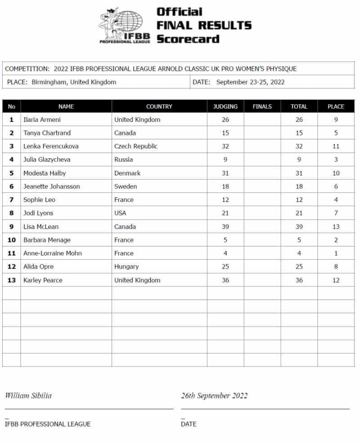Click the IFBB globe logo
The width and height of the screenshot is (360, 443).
click(124, 25)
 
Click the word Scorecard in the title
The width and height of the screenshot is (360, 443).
click(188, 39)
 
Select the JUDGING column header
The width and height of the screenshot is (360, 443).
click(225, 107)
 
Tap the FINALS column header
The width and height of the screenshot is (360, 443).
click(262, 107)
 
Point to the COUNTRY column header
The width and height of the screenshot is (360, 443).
click(159, 107)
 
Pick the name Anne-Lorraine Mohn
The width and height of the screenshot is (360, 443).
click(53, 253)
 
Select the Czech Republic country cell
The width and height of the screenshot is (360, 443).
click(136, 146)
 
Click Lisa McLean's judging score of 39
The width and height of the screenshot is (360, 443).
click(225, 227)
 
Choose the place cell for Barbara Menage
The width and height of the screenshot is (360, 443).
click(336, 240)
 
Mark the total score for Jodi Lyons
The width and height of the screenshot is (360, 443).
click(299, 213)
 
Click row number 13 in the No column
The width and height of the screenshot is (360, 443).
click(12, 280)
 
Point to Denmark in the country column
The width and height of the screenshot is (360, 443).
click(127, 173)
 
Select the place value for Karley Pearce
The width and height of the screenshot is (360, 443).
click(336, 280)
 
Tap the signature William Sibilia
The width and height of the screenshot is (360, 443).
click(28, 396)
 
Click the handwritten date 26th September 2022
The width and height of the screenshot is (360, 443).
click(214, 396)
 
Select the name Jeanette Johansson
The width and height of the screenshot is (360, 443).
click(51, 187)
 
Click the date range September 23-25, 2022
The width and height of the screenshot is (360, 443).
click(250, 82)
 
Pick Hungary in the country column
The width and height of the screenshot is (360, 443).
click(126, 267)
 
